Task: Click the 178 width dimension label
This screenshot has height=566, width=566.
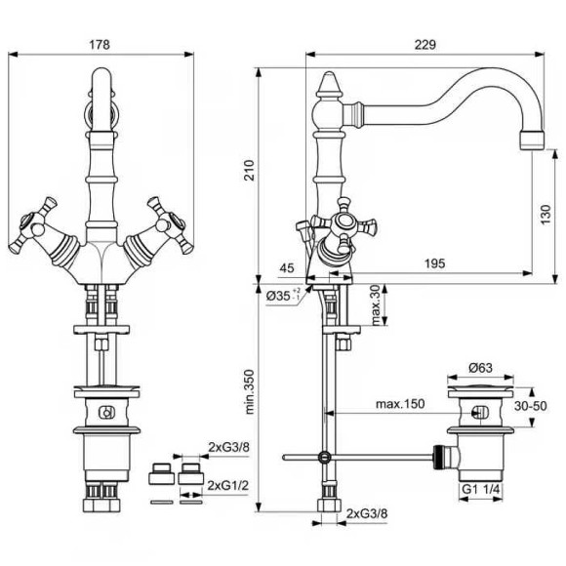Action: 99,45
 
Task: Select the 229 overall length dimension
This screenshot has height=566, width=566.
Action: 423,45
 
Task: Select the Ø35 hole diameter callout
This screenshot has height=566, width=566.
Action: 282,294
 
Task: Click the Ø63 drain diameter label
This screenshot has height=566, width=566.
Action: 480,368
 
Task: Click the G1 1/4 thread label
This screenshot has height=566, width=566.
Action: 481,487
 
